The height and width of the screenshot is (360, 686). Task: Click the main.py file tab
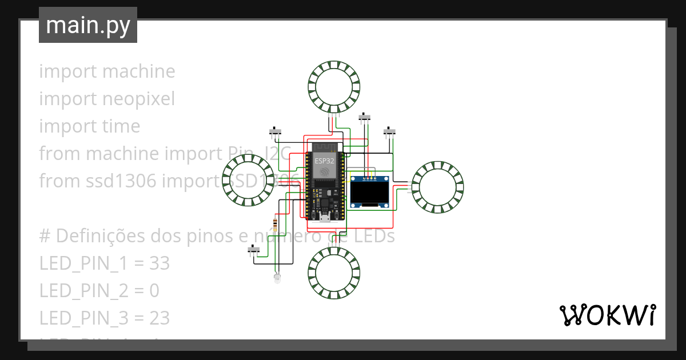[x=87, y=25]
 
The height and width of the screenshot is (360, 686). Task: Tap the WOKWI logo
[x=607, y=315]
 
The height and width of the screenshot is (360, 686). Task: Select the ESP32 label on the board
[x=324, y=161]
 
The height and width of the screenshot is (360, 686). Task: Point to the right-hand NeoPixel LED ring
[x=437, y=187]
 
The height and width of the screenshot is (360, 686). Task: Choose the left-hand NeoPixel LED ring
[x=248, y=180]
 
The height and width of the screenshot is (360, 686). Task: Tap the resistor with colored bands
[x=277, y=225]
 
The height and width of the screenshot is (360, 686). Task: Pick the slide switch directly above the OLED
[x=364, y=118]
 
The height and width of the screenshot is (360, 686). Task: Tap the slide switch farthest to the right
[x=389, y=132]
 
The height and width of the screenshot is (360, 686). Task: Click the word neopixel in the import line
[x=139, y=99]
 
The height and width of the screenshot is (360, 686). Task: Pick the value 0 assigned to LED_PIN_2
[x=154, y=291]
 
